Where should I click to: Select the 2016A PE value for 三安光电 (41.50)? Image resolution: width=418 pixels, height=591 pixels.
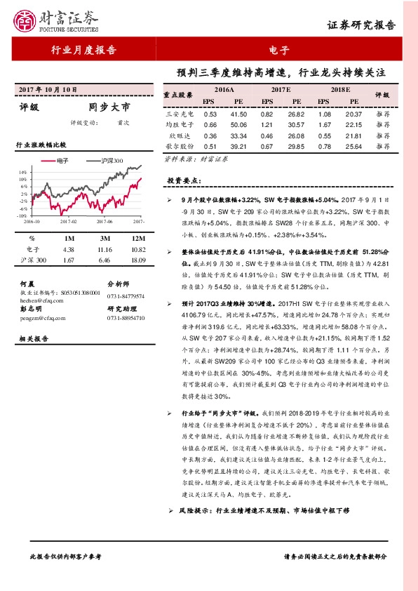coord(239,114)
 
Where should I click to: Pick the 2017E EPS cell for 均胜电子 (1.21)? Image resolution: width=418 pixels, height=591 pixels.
coord(267,124)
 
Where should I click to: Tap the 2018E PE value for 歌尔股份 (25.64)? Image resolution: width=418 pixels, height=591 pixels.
coord(353,146)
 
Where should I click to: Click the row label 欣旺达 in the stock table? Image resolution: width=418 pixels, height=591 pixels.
coord(179,135)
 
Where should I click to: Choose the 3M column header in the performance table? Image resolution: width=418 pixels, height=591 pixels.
coord(102,238)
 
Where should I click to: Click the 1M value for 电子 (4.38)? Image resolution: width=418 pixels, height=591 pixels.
coord(68,249)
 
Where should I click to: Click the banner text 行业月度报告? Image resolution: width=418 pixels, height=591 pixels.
coord(84,50)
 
